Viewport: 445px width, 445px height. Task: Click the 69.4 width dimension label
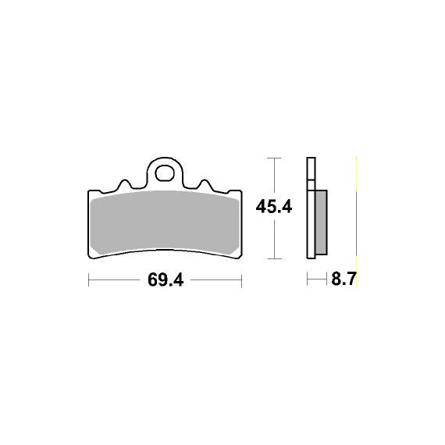click(x=166, y=279)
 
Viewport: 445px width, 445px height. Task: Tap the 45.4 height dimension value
click(x=273, y=207)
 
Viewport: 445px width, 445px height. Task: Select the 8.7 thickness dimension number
click(x=344, y=279)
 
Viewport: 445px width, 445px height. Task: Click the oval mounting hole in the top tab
click(x=165, y=173)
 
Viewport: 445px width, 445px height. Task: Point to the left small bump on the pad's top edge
click(x=124, y=183)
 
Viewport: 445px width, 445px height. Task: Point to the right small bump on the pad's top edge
click(x=205, y=183)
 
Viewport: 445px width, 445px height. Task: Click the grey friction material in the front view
click(x=166, y=222)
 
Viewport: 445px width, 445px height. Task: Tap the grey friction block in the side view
click(x=321, y=222)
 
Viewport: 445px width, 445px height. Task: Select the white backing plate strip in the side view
click(x=311, y=208)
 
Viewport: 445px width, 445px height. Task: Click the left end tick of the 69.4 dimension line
click(x=89, y=280)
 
